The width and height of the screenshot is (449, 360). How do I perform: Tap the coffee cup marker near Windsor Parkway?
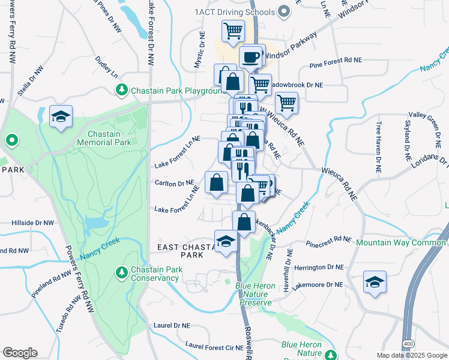point(250,58)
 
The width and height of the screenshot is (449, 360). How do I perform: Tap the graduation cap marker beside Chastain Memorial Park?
point(61,118)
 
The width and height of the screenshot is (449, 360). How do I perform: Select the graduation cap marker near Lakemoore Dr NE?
point(375,282)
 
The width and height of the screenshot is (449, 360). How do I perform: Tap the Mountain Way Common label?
point(400,242)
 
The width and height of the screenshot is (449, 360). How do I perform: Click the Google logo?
point(20,353)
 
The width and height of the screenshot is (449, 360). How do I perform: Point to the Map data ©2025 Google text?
point(411,355)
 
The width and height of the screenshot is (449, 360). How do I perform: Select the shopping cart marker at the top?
point(233,30)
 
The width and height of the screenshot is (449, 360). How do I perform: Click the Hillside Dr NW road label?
point(32,223)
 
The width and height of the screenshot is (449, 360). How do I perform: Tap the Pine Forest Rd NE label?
point(336,61)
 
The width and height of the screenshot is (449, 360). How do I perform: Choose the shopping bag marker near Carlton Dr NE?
point(216,182)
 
